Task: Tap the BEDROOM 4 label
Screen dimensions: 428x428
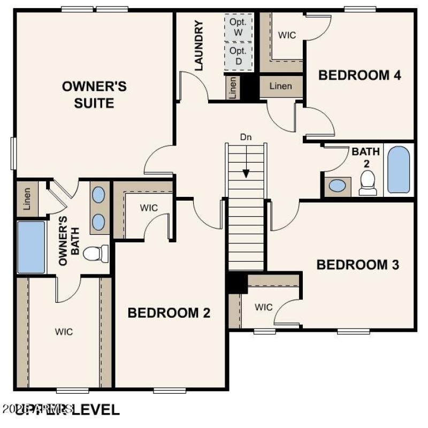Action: coord(360,75)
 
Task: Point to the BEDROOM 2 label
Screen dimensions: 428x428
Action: coord(169,313)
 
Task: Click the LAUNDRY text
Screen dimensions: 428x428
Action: coord(198,46)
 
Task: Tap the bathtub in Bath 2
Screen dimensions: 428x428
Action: coord(399,170)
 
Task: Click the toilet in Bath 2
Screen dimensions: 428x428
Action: coord(368,183)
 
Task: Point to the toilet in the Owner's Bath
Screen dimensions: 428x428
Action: coord(97,253)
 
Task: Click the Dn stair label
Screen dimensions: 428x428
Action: coord(246,137)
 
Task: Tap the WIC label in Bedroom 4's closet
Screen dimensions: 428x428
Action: coord(287,35)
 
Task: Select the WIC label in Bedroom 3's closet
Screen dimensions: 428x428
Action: coord(263,307)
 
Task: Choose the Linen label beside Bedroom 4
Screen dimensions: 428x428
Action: coord(281,86)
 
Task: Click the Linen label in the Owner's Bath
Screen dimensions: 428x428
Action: coord(27,198)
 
